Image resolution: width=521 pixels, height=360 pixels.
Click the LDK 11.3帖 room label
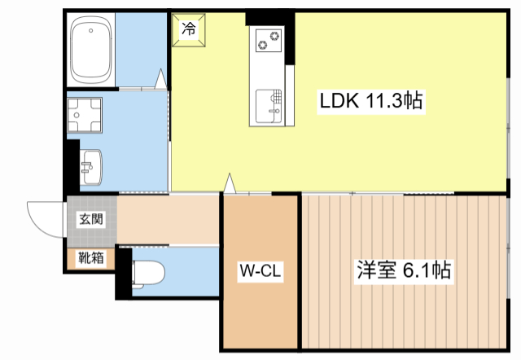tap(370, 101)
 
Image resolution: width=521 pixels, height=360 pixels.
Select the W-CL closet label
tap(260, 270)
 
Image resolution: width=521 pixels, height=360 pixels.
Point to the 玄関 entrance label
tap(90, 219)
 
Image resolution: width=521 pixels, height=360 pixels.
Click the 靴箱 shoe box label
tap(90, 259)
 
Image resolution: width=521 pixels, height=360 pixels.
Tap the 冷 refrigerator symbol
tap(189, 30)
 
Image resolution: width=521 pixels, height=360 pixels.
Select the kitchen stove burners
tap(268, 38)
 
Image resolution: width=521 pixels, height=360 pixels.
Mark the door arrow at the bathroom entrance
tap(161, 79)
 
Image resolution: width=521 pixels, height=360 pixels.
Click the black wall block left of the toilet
tap(123, 272)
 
